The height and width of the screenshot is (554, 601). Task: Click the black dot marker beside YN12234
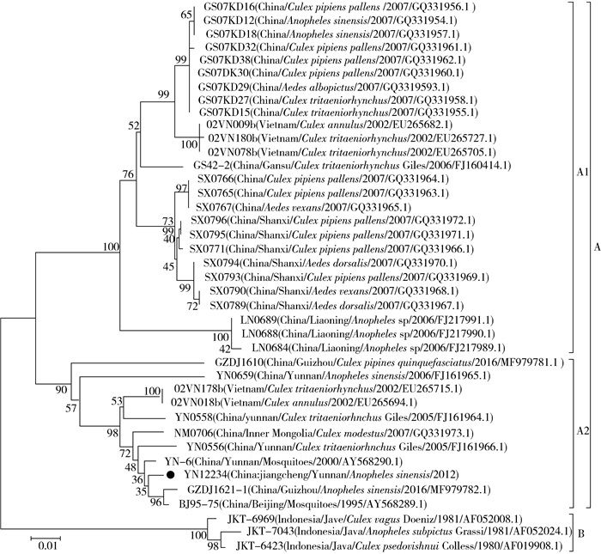tap(172, 475)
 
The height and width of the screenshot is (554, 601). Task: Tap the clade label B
tap(580, 532)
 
